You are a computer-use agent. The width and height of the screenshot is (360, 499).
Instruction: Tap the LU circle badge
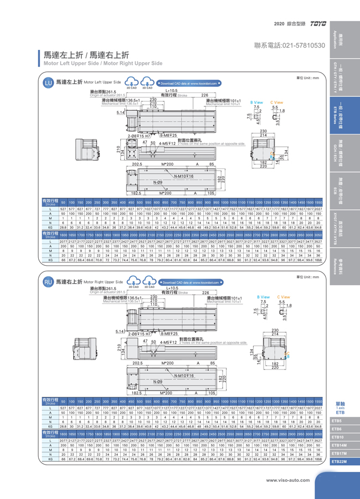pos(48,83)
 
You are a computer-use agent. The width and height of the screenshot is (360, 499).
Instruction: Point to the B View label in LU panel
pos(258,102)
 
